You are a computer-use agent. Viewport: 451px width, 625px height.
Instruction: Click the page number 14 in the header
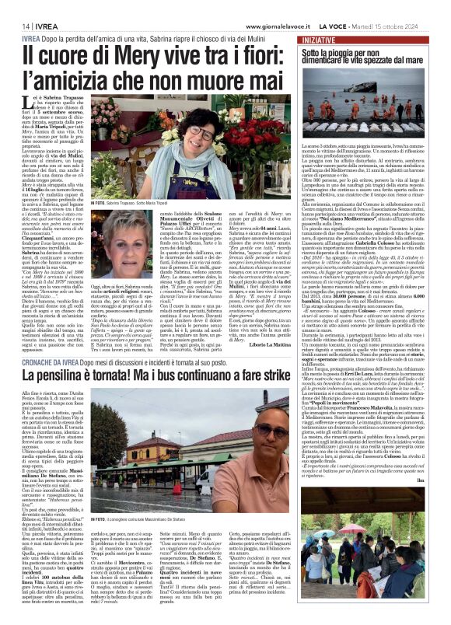pos(15,25)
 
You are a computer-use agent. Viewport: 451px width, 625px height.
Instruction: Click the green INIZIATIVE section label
pos(319,38)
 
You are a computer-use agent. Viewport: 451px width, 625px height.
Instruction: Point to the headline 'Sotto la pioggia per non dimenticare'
pos(365,57)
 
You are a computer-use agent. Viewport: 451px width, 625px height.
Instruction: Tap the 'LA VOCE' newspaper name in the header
pos(335,25)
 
